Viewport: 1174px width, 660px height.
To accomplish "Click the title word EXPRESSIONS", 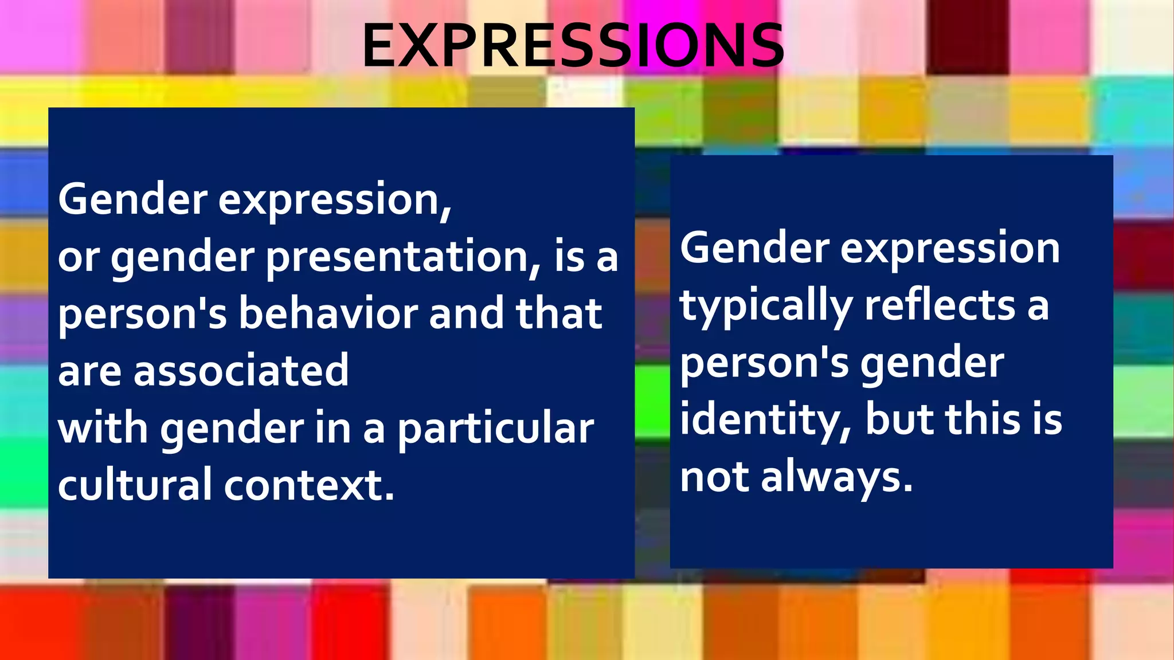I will pos(573,46).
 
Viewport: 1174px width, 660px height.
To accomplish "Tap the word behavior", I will pos(330,314).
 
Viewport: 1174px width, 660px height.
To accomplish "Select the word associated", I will pos(241,371).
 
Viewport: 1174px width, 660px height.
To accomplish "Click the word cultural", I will pos(135,485).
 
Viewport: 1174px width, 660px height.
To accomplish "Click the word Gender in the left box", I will pos(132,199).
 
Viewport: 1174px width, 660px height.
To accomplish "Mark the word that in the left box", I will pos(559,314).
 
